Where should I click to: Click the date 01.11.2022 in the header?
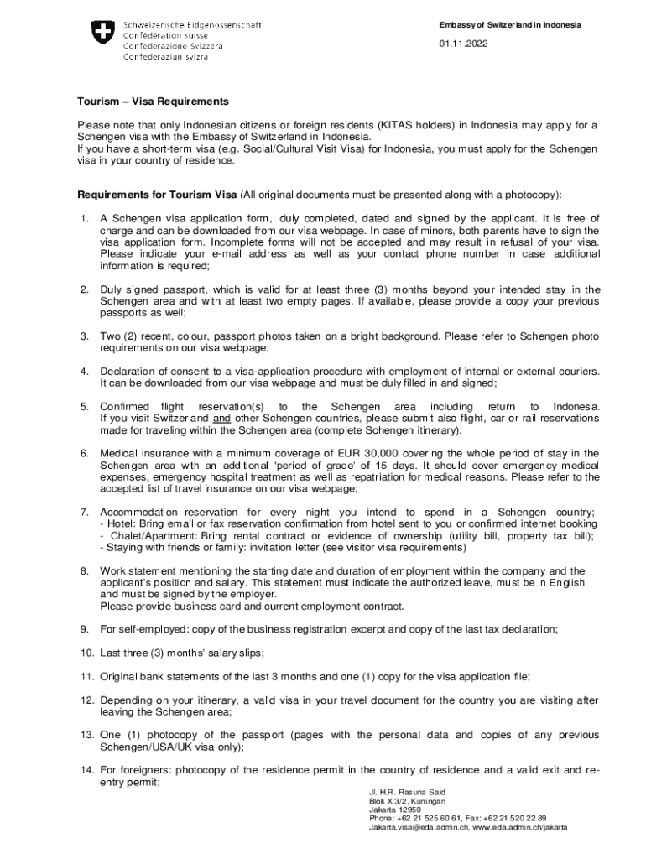coord(461,44)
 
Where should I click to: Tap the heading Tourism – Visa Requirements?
coord(153,102)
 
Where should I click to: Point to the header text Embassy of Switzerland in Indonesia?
coord(511,25)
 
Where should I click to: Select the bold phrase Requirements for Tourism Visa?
coord(157,195)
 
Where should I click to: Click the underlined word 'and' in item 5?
coord(221,418)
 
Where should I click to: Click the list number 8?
coord(85,570)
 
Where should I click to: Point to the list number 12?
coord(86,699)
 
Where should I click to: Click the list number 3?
coord(85,336)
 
